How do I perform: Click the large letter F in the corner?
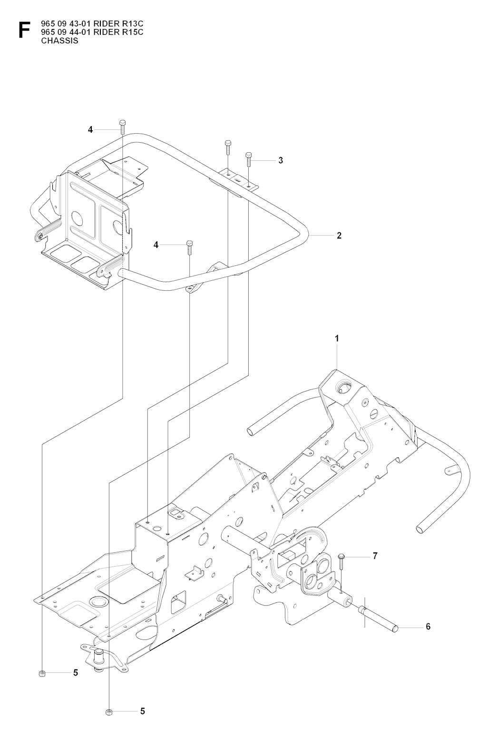pyautogui.click(x=22, y=29)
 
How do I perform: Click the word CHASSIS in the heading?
pyautogui.click(x=59, y=40)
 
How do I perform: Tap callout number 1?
pyautogui.click(x=337, y=339)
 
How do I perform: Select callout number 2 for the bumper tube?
pyautogui.click(x=339, y=235)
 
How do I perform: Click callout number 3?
pyautogui.click(x=281, y=160)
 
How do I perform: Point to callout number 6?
pyautogui.click(x=428, y=627)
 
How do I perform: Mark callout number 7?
pyautogui.click(x=375, y=556)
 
